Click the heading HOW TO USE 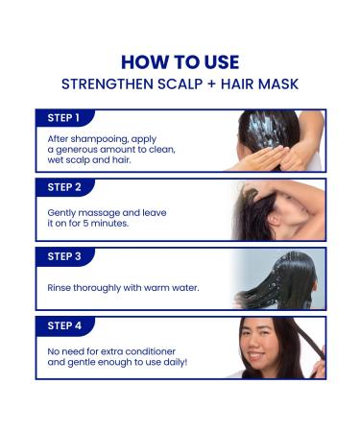coord(180,62)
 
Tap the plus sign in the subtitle coord(212,84)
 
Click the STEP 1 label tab coord(65,118)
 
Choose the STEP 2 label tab coord(65,187)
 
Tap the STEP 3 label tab coord(65,256)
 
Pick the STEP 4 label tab coord(65,325)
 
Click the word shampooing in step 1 coord(100,139)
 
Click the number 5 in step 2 coord(85,224)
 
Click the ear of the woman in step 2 coord(274,219)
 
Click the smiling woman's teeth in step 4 coord(256,355)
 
